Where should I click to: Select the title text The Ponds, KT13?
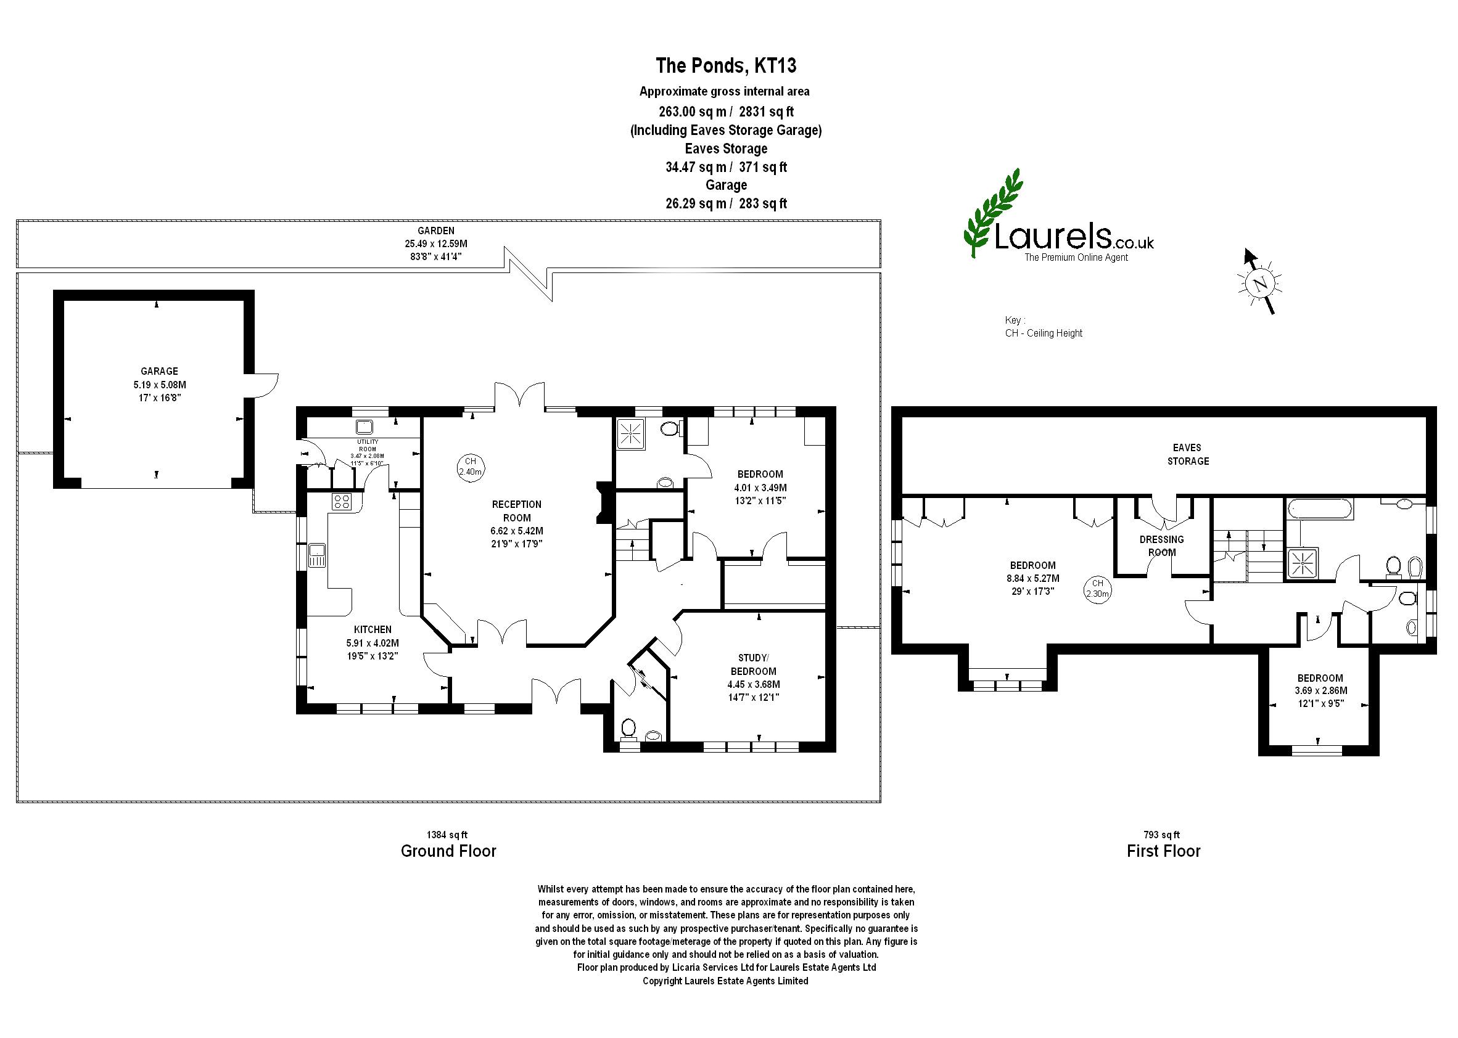pyautogui.click(x=726, y=66)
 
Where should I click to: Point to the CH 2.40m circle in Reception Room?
pyautogui.click(x=470, y=467)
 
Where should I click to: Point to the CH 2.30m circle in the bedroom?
pyautogui.click(x=1097, y=587)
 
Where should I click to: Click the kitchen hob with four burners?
pyautogui.click(x=342, y=502)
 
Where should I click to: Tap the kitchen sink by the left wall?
pyautogui.click(x=317, y=555)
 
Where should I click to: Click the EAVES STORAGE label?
pyautogui.click(x=1187, y=454)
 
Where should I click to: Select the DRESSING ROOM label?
pyautogui.click(x=1162, y=546)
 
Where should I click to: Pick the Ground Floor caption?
pyautogui.click(x=448, y=851)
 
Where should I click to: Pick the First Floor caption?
pyautogui.click(x=1164, y=851)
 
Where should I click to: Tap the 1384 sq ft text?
pyautogui.click(x=448, y=835)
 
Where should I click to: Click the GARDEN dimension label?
pyautogui.click(x=436, y=243)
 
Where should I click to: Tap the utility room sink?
pyautogui.click(x=365, y=427)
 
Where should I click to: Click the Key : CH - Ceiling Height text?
pyautogui.click(x=1044, y=327)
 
